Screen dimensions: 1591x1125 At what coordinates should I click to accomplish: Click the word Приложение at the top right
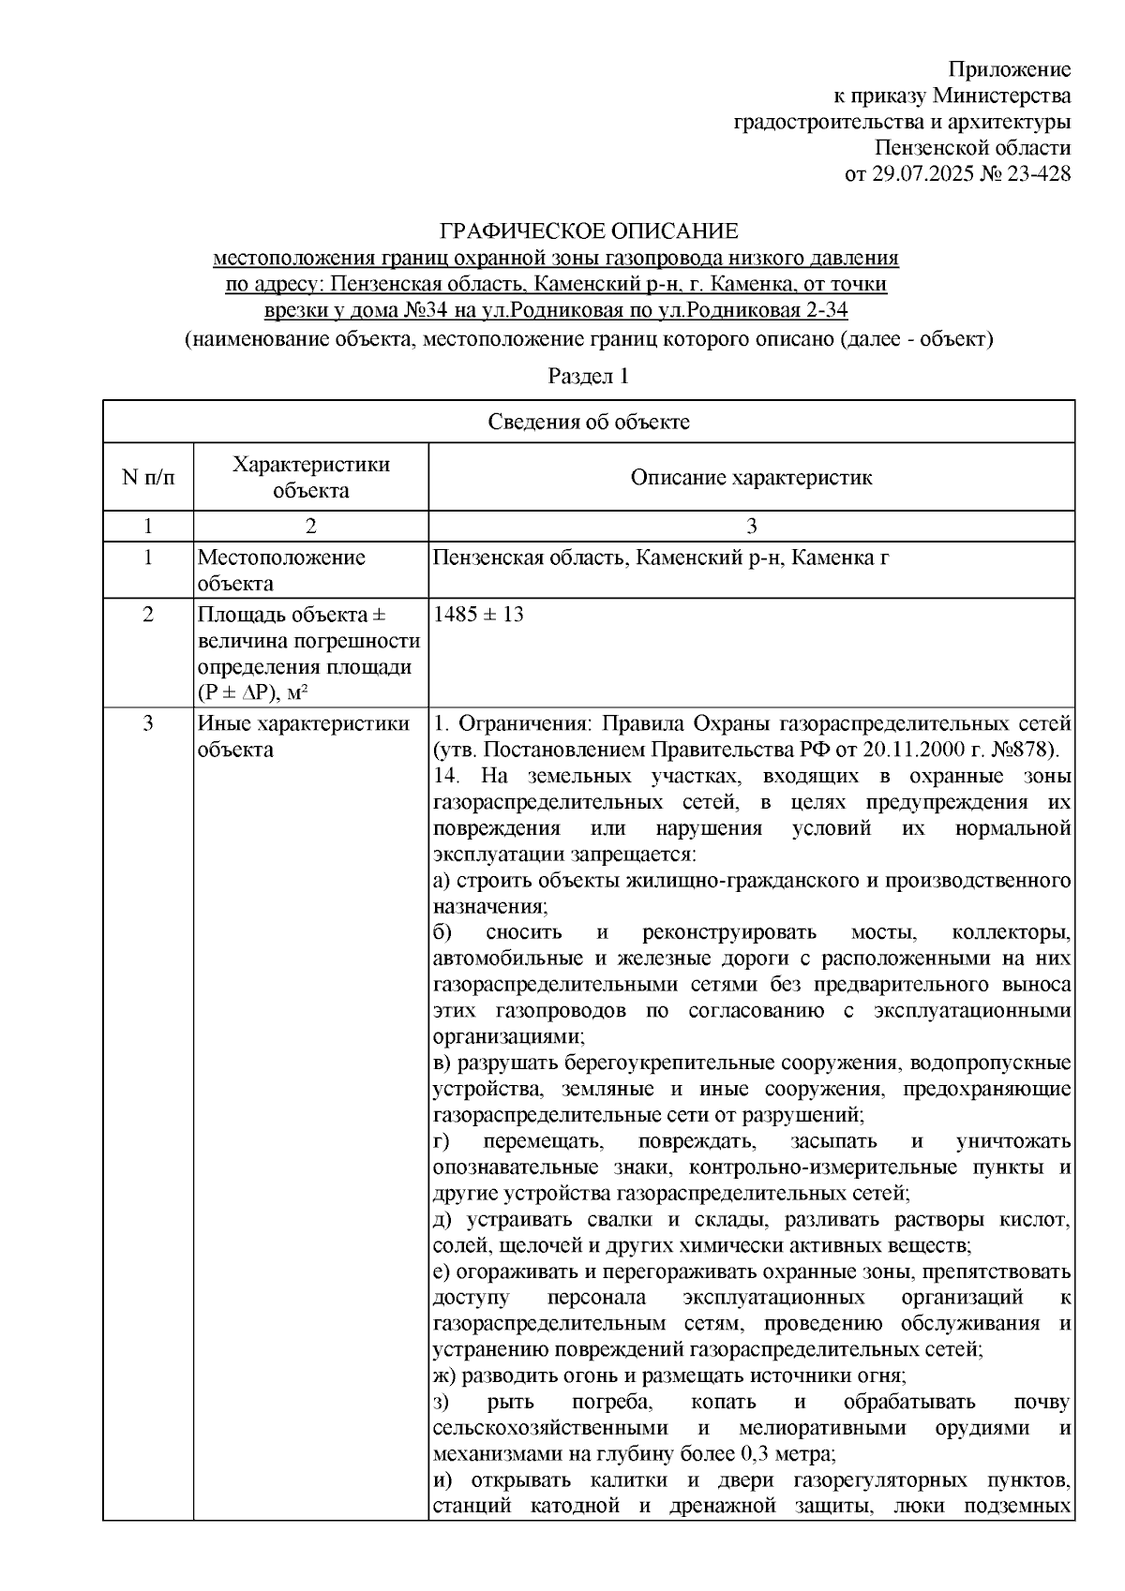point(1010,69)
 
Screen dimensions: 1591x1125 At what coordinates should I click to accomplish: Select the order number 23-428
point(1038,174)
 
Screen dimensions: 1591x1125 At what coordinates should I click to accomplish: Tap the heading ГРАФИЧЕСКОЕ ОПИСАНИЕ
point(590,230)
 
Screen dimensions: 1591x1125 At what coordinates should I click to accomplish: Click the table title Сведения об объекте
point(589,422)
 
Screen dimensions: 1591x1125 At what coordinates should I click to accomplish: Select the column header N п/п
point(148,478)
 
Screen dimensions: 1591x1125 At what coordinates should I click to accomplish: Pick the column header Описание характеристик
point(751,478)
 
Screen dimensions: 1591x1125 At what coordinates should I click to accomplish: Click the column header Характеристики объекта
point(311,478)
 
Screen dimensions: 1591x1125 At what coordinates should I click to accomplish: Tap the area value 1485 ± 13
point(479,616)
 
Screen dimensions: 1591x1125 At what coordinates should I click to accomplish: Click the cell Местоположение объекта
point(281,571)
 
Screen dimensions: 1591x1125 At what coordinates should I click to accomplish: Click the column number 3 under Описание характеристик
point(751,526)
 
